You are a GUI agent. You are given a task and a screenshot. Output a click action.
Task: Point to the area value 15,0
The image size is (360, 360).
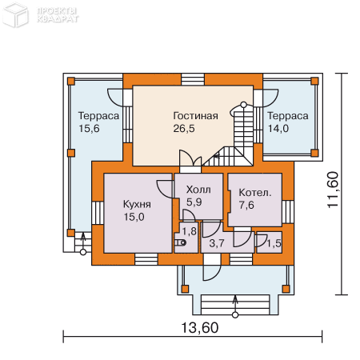tap(134, 216)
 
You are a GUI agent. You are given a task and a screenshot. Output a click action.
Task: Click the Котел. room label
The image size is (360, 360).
tap(255, 193)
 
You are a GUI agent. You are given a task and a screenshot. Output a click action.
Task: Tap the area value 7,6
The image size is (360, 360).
tap(247, 205)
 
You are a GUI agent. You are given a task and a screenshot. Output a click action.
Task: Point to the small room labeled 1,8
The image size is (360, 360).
tap(188, 232)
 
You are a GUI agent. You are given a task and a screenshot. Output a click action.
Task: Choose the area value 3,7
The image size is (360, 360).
tap(216, 242)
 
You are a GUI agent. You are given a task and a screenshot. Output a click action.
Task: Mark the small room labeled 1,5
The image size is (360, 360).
tap(273, 243)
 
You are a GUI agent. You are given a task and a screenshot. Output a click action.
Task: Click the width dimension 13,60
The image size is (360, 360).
tap(195, 327)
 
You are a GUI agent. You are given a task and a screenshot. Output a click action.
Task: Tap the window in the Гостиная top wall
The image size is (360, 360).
tap(193, 79)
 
